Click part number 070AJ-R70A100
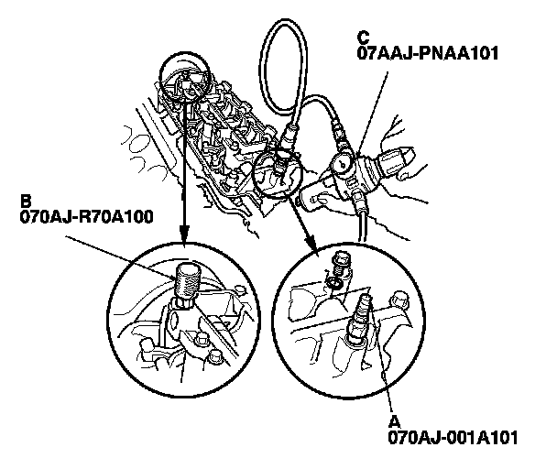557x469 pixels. click(x=84, y=219)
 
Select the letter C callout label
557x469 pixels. click(x=364, y=38)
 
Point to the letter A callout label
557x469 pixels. click(x=395, y=421)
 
